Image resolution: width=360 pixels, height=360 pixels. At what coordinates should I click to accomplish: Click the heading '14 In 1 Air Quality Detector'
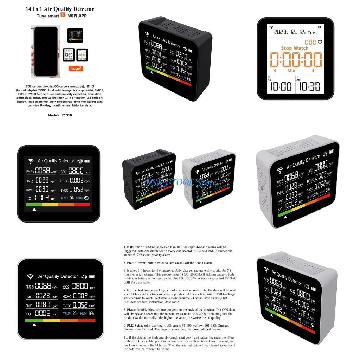pos(60,9)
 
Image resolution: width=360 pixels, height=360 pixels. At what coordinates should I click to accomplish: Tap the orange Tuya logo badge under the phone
pos(76,68)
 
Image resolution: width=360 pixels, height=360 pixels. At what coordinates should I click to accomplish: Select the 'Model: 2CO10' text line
pos(60,115)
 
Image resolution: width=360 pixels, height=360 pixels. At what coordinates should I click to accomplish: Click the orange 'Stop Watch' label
pos(295,48)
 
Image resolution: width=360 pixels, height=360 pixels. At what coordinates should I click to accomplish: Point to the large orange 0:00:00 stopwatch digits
pos(295,59)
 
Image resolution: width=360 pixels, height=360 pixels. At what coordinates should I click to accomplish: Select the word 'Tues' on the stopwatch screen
pos(312,33)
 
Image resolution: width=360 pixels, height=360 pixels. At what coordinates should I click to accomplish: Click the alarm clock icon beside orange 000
pos(320,42)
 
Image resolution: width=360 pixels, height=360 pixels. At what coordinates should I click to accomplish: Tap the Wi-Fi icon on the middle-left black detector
pos(31,161)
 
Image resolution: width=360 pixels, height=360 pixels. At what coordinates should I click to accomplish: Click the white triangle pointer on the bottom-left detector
pos(34,325)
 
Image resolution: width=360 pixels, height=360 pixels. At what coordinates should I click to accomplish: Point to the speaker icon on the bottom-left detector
pos(84,277)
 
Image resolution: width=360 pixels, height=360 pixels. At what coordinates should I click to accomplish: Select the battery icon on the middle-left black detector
pos(86,161)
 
